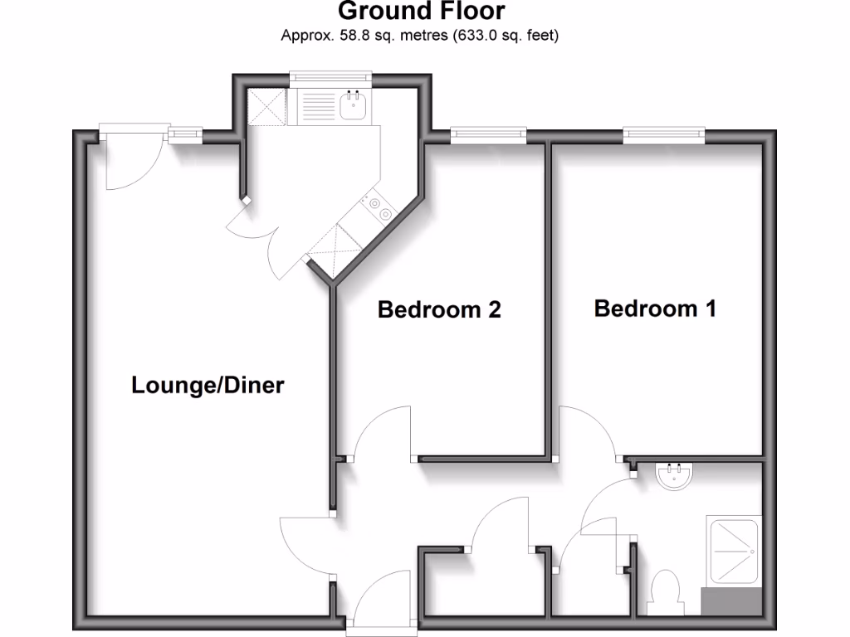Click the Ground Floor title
click(421, 12)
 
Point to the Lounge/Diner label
click(208, 386)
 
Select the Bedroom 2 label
click(439, 310)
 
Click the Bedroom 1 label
click(655, 309)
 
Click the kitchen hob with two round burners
click(378, 208)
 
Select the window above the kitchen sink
click(329, 78)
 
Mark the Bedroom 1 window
click(664, 133)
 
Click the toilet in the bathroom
click(666, 593)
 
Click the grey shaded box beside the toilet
click(731, 601)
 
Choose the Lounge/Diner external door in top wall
click(129, 158)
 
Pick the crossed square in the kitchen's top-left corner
click(266, 107)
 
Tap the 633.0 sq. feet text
click(506, 36)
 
